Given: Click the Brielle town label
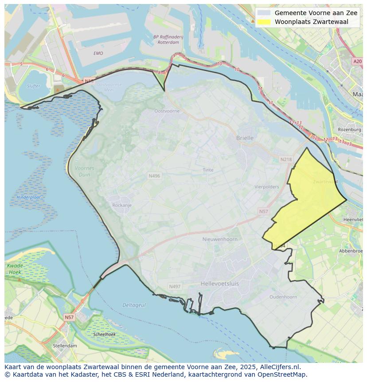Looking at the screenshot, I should [245, 138].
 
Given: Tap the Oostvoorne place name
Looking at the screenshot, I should [167, 111].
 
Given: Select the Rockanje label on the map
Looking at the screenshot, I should [122, 205].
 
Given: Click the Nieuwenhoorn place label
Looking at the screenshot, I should [220, 239].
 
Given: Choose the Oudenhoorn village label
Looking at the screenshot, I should [283, 297].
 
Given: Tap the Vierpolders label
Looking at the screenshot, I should [267, 187].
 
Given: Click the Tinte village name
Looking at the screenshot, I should [208, 170].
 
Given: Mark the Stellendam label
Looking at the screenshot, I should [65, 346].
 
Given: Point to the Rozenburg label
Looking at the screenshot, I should [349, 130].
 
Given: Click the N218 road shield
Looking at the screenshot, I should [286, 159].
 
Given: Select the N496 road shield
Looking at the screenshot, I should [154, 176].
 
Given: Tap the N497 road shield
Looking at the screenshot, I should [175, 287].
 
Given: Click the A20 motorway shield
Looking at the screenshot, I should [357, 62].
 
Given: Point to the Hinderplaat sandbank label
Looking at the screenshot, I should [29, 197].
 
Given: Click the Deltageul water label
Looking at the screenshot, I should [134, 305].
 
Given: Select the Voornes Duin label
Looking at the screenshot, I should [84, 171].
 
